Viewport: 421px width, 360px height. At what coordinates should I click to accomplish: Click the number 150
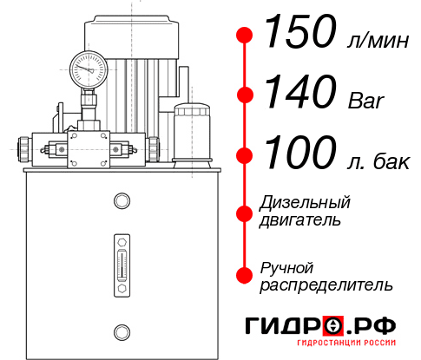point(299,34)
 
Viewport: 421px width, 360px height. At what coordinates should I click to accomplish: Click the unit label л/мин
point(374,41)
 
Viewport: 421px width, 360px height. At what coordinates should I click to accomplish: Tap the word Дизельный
point(306,203)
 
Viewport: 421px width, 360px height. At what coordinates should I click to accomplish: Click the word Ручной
point(286,266)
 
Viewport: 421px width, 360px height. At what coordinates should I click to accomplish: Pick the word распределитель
point(326,285)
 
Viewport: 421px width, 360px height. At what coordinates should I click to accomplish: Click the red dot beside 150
point(245,36)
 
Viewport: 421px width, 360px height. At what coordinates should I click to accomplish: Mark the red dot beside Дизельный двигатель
point(245,212)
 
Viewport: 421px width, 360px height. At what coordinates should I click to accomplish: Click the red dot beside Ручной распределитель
point(245,274)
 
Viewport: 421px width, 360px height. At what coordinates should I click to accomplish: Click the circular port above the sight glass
point(121,202)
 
